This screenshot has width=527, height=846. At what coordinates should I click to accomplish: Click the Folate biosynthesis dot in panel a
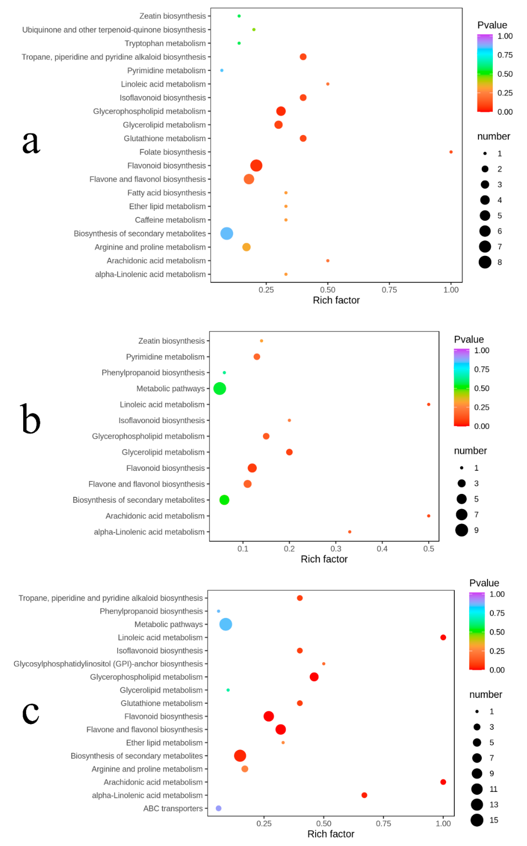[451, 152]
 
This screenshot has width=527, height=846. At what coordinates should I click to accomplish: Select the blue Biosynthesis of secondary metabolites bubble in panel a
[227, 233]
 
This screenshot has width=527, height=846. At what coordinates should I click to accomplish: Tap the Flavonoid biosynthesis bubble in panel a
[256, 166]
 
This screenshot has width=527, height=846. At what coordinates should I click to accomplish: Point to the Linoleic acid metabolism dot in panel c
[443, 637]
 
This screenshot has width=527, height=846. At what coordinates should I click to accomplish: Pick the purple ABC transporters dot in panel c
[218, 808]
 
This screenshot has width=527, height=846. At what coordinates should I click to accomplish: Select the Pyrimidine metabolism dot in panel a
[222, 70]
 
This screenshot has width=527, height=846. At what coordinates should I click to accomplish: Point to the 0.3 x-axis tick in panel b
[336, 549]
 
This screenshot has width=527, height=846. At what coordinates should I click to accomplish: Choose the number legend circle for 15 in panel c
[477, 820]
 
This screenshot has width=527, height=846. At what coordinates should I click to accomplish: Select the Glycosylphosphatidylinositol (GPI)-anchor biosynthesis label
[108, 664]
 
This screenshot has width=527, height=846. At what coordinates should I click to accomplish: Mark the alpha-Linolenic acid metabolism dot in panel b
[350, 532]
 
